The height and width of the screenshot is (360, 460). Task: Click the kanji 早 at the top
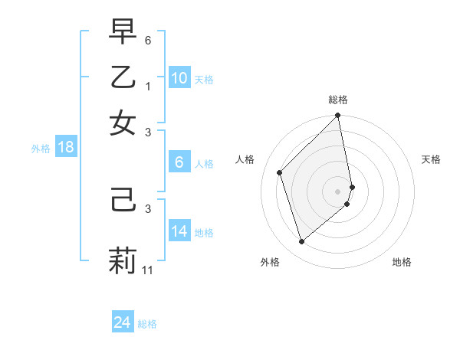123,33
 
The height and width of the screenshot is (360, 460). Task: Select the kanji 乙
123,77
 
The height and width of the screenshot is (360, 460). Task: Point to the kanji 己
123,202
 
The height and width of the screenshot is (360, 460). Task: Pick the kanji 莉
123,259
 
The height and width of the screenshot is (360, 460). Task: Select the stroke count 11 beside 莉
149,270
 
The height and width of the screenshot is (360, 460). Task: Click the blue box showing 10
179,78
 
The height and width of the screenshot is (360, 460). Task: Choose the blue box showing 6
179,162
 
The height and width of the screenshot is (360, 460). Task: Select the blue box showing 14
179,231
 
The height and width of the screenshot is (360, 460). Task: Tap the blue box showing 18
66,148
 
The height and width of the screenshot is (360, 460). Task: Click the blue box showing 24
122,322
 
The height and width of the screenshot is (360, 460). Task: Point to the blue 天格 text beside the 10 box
204,80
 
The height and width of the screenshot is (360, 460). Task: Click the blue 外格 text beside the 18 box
41,149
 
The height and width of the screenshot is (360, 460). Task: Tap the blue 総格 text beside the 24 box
147,324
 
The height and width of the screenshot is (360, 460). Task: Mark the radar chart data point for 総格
337,116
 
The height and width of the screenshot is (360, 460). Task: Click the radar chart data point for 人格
280,172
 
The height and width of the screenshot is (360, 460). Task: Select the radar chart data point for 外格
301,241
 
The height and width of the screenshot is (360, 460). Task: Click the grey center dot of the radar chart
337,191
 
